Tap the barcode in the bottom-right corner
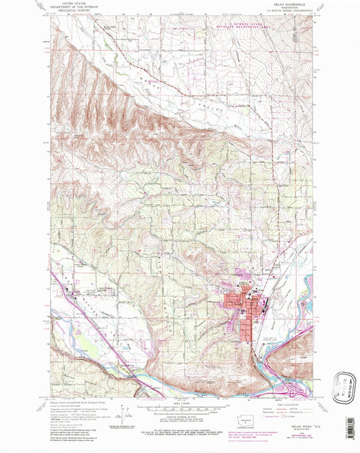[349, 429]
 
